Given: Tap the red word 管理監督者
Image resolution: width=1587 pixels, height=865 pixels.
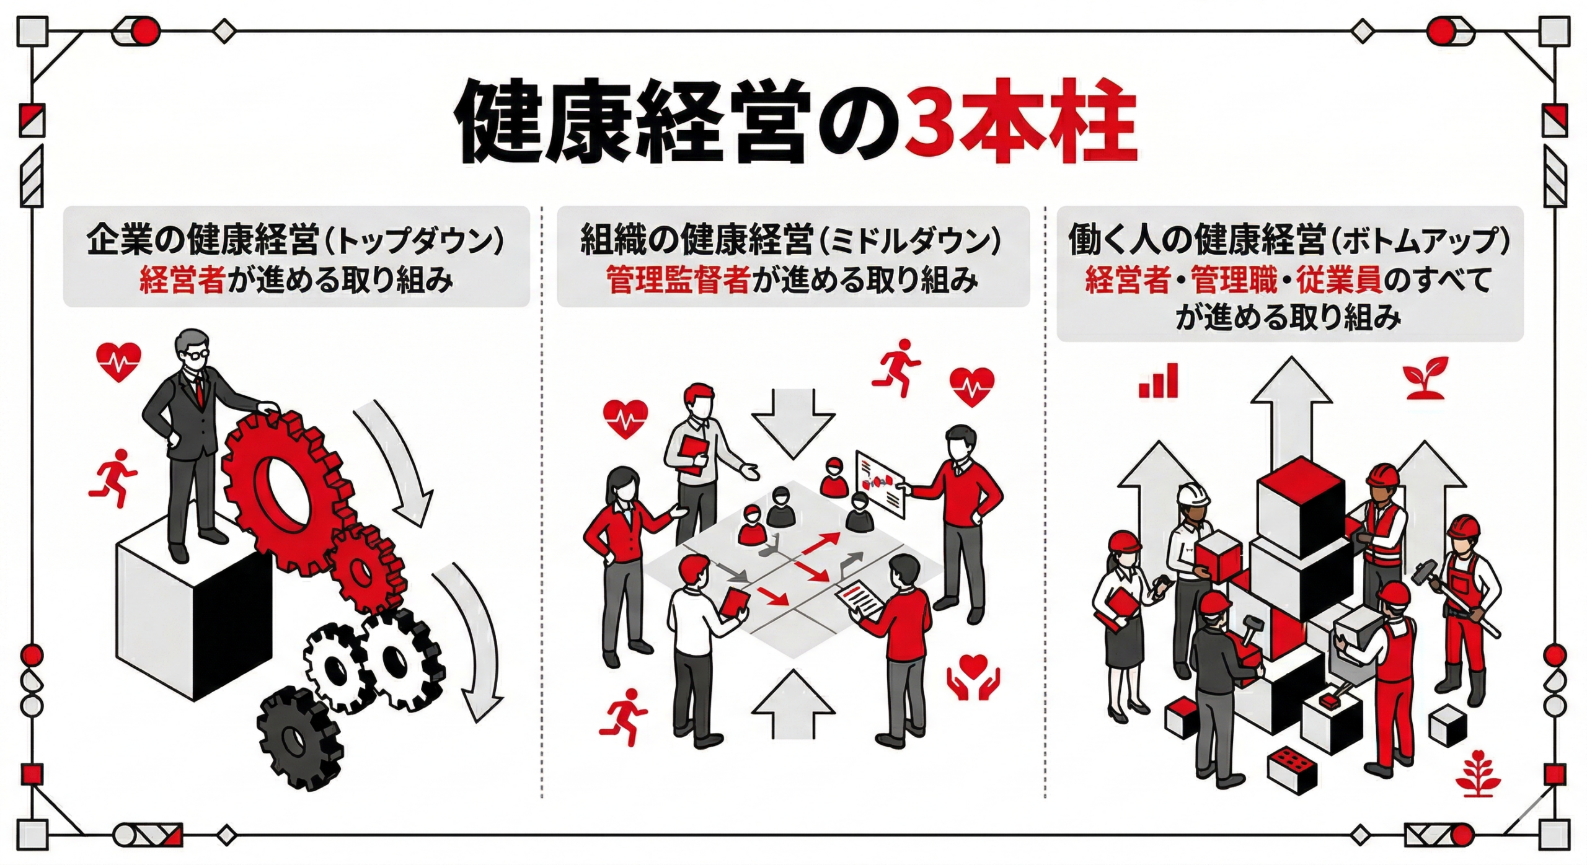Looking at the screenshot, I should (678, 281).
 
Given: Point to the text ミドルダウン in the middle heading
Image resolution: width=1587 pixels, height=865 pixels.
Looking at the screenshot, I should (909, 241).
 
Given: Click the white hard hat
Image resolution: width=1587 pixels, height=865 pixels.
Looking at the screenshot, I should (1193, 494).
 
